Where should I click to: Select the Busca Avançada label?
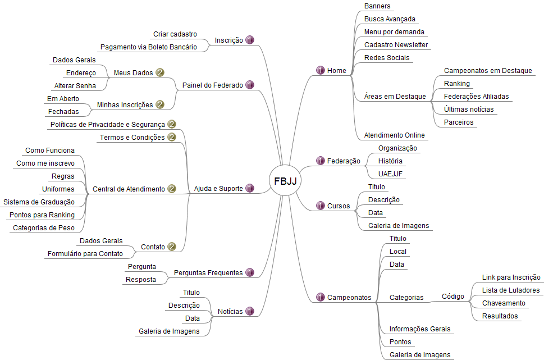click(390, 19)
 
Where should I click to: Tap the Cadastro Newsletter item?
click(396, 45)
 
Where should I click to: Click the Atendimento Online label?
click(395, 135)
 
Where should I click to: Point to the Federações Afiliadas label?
click(476, 97)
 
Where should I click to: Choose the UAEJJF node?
click(391, 174)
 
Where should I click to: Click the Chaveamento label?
click(504, 303)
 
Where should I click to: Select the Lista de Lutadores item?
click(511, 290)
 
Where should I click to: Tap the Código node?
click(452, 297)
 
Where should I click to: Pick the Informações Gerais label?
click(419, 329)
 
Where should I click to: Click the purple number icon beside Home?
click(321, 71)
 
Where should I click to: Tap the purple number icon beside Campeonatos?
click(321, 297)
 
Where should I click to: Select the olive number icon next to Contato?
click(172, 247)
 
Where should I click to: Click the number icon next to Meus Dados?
click(160, 73)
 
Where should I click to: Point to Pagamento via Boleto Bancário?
click(148, 47)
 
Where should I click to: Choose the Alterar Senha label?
click(75, 86)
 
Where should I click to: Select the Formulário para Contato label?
click(85, 254)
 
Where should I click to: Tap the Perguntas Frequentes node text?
click(208, 273)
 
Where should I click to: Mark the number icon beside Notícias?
click(250, 311)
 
